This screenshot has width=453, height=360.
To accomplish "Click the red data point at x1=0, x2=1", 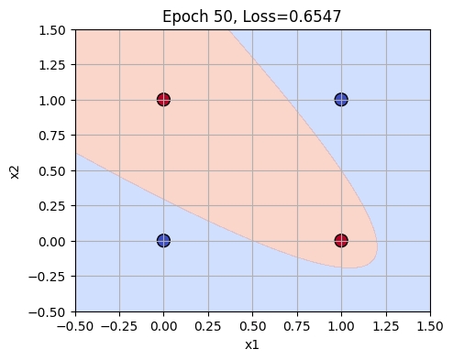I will (163, 99).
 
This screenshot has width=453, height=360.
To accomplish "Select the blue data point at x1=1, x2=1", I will (341, 99).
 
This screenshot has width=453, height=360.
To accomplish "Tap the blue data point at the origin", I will (163, 241).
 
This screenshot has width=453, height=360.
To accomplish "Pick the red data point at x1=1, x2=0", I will (341, 241).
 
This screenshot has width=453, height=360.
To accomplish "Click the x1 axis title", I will (253, 346).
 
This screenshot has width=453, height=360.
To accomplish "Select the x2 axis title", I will (14, 170).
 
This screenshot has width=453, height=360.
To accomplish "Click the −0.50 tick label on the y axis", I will (50, 311).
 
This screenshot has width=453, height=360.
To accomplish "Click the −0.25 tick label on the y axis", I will (50, 276).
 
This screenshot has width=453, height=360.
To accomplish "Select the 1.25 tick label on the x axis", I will (386, 326).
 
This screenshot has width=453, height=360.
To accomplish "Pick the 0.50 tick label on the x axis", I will (253, 326).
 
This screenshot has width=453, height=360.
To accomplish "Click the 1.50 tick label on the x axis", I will (430, 326).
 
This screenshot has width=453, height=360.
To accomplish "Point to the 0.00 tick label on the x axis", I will (163, 326).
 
